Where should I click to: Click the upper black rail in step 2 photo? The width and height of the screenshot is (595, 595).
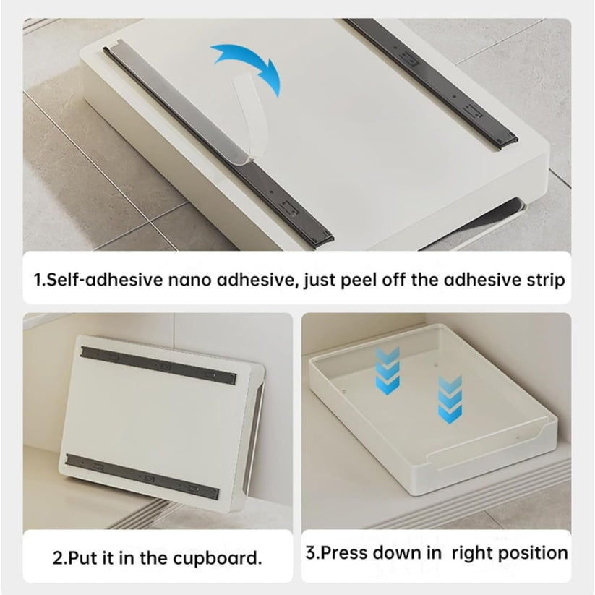[159, 363]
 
